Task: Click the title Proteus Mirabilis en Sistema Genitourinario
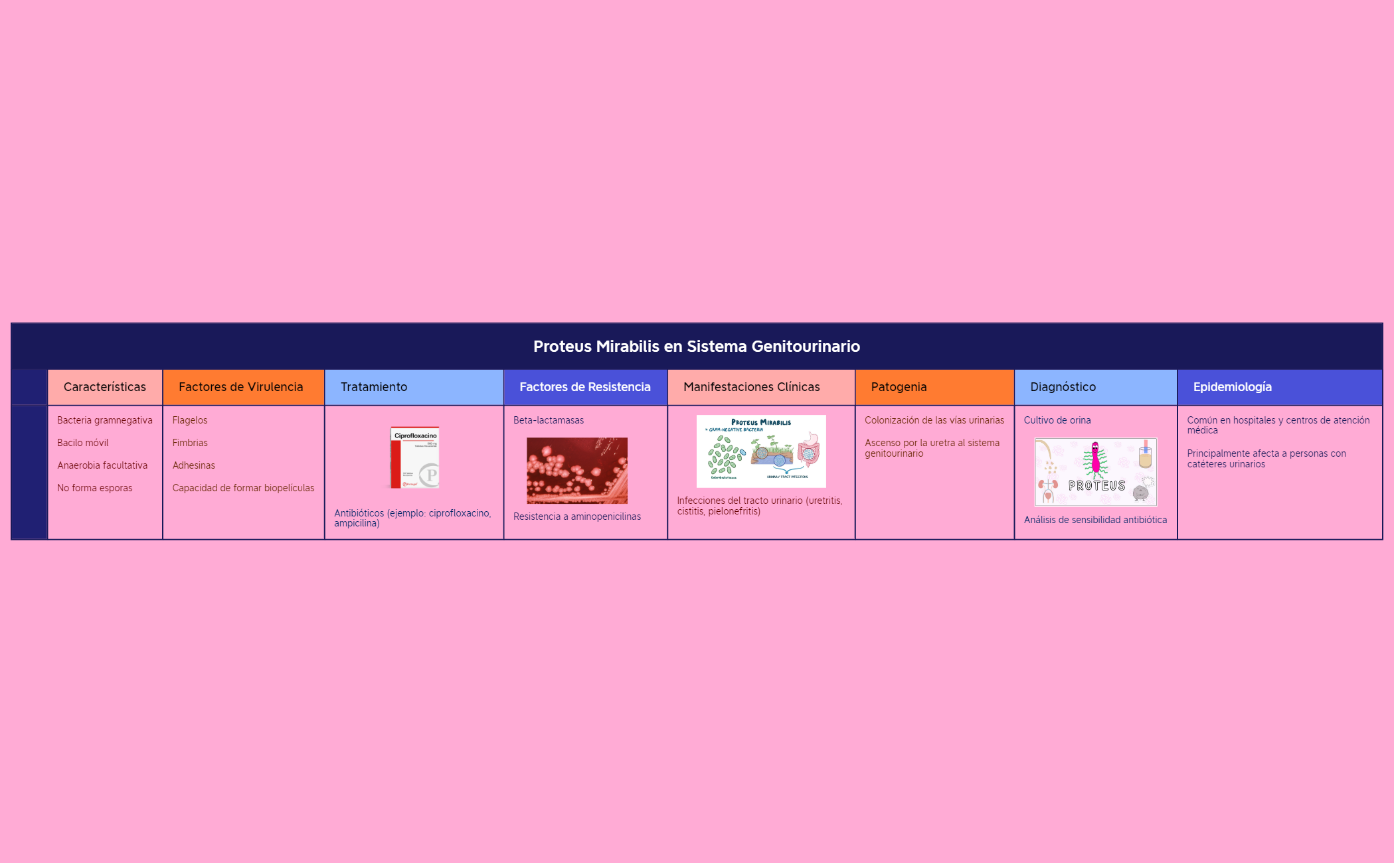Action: coord(696,346)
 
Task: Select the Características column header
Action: coord(104,387)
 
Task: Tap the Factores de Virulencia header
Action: coord(240,387)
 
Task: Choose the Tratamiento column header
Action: coord(374,387)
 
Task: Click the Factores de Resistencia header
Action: coord(584,387)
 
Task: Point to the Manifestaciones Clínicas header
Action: coord(751,387)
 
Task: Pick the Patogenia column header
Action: coord(899,387)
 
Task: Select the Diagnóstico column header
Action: coord(1063,387)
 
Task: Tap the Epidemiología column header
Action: coord(1232,387)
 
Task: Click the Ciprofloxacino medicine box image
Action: coord(414,457)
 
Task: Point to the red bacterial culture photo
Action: coord(576,470)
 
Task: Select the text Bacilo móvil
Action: coord(82,443)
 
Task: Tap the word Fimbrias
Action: coord(190,443)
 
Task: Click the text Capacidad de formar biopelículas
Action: coord(243,488)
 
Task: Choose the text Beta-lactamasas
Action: coord(548,420)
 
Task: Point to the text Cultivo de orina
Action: coord(1057,420)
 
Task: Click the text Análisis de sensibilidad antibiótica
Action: coord(1094,520)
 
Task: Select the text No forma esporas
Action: coord(94,488)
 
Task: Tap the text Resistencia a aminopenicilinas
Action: coord(576,516)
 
